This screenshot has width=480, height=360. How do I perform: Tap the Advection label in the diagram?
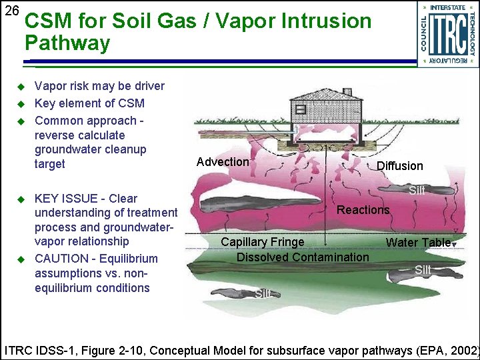tap(223, 162)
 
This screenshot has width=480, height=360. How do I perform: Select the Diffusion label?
tap(399, 166)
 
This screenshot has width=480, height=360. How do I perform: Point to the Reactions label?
tap(363, 210)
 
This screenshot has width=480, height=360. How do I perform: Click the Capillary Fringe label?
tap(262, 242)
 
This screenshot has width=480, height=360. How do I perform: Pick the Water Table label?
tap(418, 243)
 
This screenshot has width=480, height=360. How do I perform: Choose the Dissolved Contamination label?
tap(302, 257)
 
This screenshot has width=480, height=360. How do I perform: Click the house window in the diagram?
tap(301, 109)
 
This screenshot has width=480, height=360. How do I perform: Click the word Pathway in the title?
tap(67, 44)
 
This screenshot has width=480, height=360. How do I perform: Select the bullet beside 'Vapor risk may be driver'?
tap(20, 87)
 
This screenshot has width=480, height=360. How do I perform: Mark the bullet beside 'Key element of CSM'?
tap(20, 104)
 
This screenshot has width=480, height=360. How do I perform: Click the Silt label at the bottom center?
tap(263, 293)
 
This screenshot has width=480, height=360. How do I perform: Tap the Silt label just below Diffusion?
tap(417, 190)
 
